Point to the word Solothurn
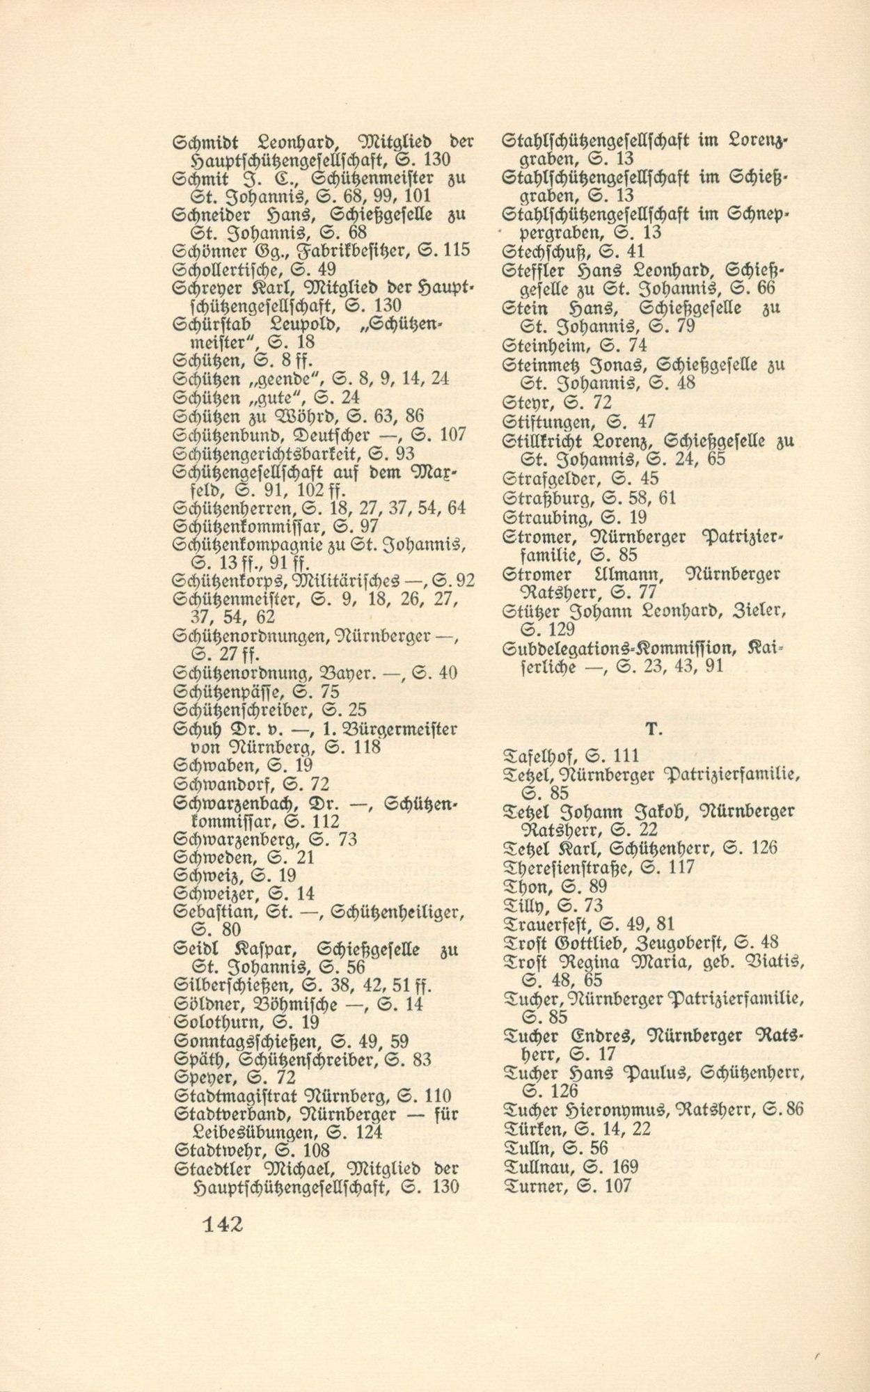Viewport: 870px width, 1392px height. click(214, 1022)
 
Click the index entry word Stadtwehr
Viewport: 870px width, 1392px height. click(214, 1150)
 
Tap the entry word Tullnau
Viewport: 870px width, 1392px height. click(537, 1168)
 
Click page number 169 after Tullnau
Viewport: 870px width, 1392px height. click(623, 1168)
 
